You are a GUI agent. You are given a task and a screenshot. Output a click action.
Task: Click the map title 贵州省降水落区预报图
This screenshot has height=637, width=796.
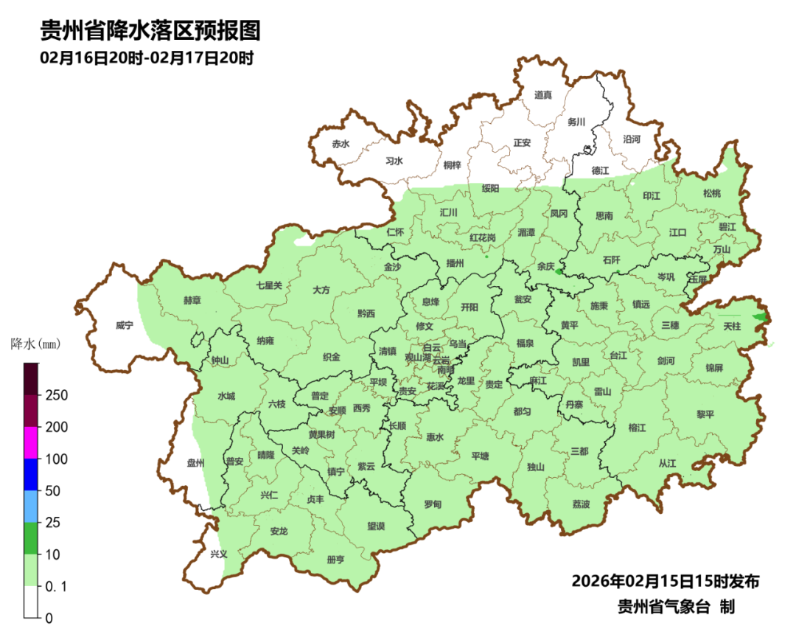(x=151, y=31)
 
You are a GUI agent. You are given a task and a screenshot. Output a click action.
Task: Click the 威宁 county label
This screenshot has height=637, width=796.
(x=124, y=325)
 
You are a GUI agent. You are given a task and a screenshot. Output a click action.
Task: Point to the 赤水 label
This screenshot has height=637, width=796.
(x=340, y=145)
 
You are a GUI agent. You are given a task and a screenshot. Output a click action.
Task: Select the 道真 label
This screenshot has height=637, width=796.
(x=543, y=94)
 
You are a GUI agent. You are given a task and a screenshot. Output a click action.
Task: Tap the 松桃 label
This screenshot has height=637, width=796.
(x=711, y=193)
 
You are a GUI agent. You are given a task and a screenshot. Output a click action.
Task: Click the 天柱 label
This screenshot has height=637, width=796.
(x=731, y=325)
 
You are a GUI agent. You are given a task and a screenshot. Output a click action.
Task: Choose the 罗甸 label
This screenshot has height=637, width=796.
(x=433, y=504)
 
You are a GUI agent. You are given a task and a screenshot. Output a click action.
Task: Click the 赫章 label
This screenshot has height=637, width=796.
(x=192, y=301)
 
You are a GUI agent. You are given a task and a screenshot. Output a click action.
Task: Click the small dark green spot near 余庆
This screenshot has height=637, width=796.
(x=558, y=273)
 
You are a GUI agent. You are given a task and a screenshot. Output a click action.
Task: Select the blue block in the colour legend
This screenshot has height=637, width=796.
(x=31, y=474)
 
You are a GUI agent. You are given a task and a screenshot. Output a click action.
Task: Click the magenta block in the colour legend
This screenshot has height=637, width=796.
(x=31, y=442)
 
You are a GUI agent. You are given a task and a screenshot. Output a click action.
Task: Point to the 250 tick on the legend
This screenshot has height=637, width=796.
(x=57, y=395)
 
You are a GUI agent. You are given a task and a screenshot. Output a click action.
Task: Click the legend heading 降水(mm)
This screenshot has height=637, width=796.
(x=35, y=344)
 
